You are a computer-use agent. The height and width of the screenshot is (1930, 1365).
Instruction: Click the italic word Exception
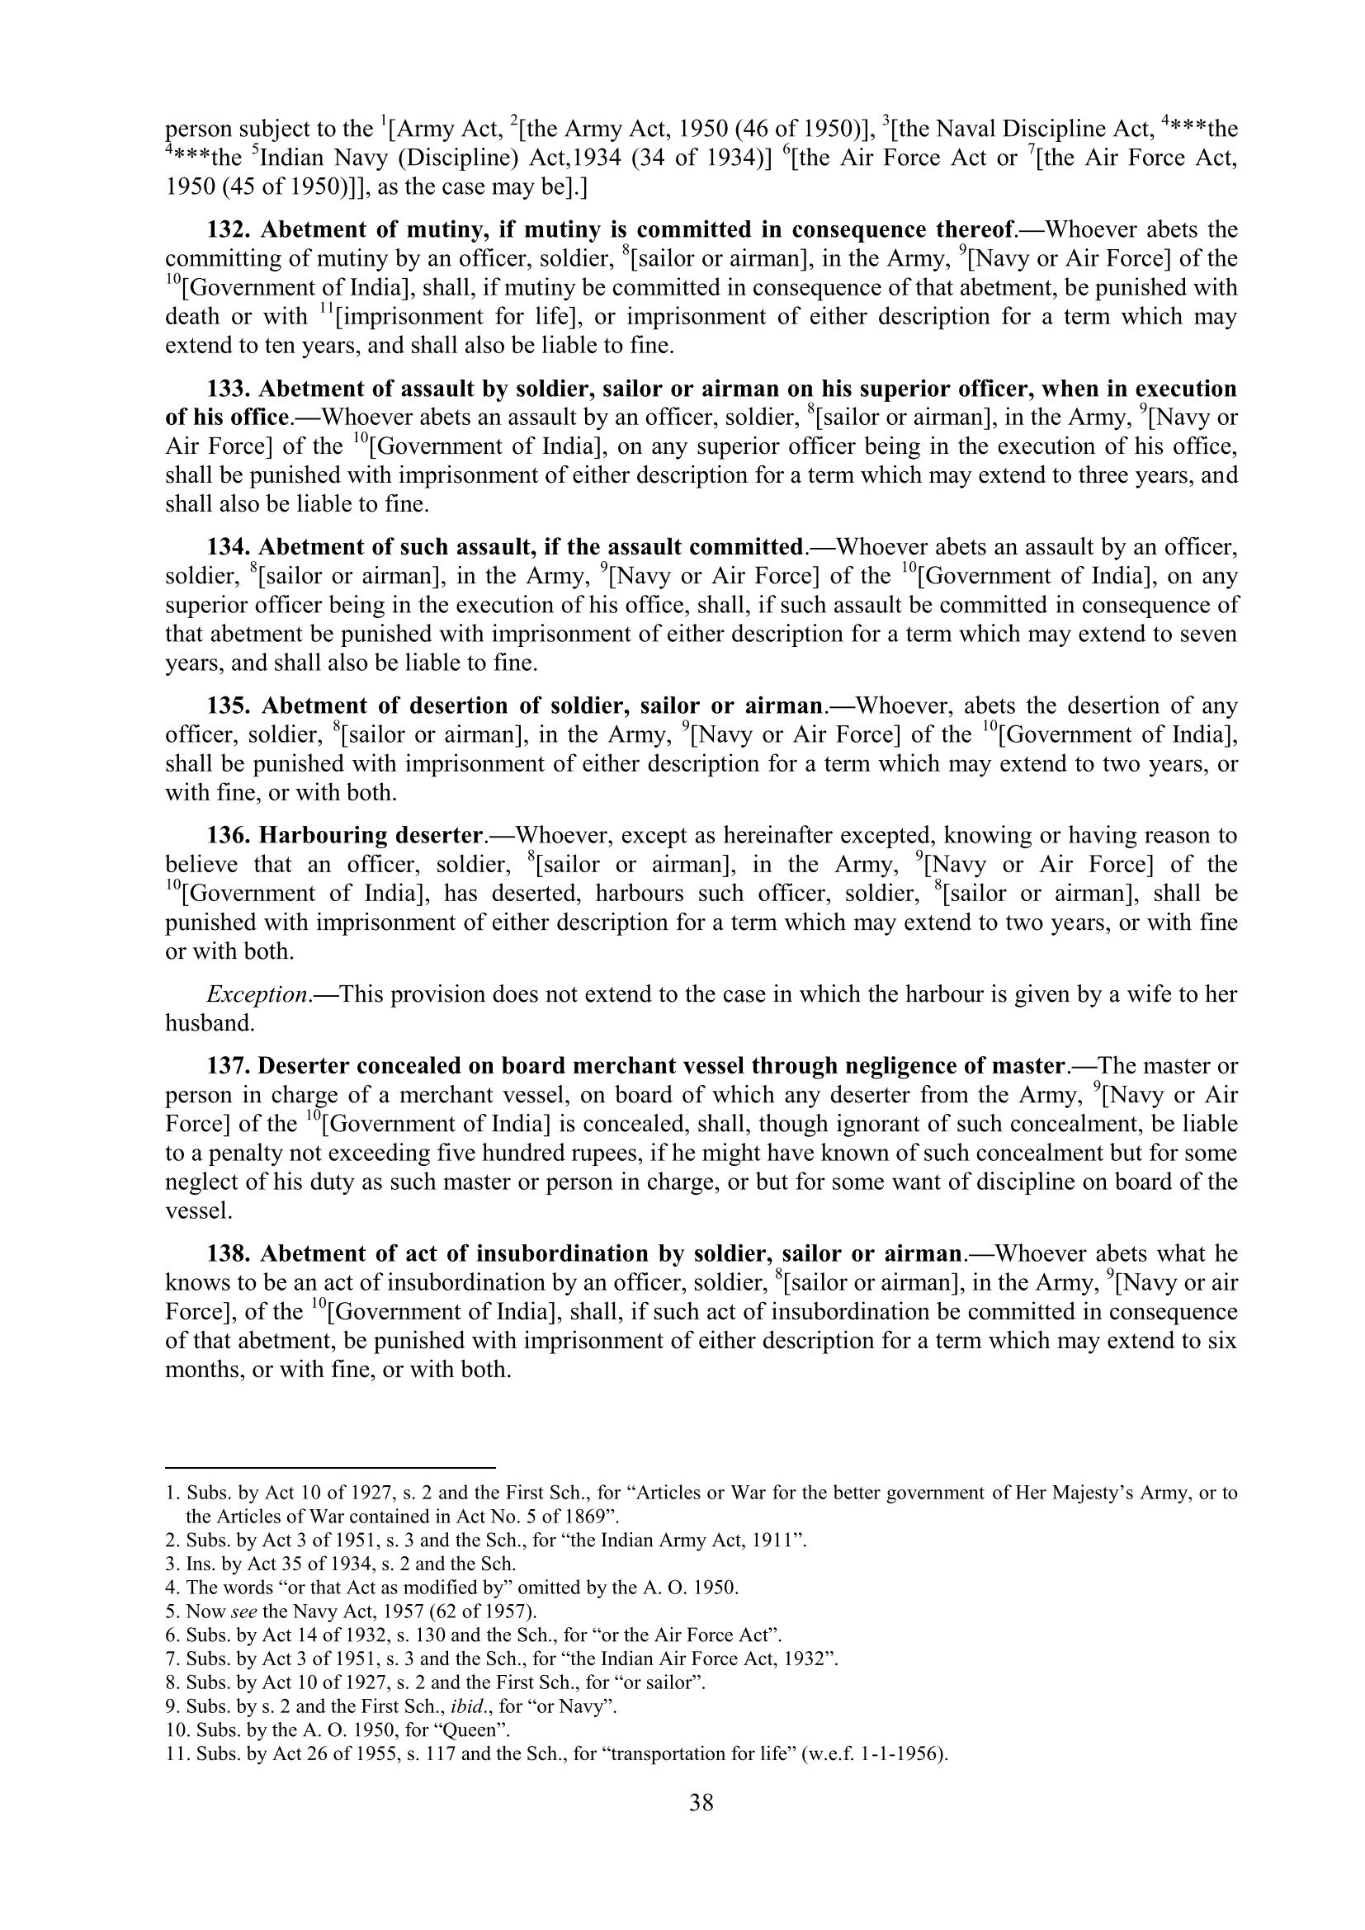pyautogui.click(x=257, y=994)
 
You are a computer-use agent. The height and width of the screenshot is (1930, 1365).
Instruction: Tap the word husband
pyautogui.click(x=208, y=1023)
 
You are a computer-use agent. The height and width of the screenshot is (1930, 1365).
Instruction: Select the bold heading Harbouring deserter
pyautogui.click(x=371, y=836)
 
